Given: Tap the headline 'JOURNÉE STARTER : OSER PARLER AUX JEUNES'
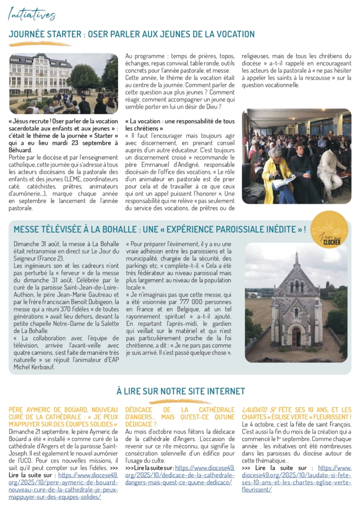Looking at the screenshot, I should click(132, 34).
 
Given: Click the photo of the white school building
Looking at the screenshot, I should click(64, 83).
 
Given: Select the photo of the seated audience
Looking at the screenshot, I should click(296, 156).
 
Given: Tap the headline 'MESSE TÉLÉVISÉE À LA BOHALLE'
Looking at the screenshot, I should click(159, 229).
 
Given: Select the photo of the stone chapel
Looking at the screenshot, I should click(296, 302).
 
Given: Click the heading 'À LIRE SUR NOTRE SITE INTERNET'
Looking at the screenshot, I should click(180, 391).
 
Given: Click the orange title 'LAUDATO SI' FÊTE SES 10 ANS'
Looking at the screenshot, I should click(296, 410).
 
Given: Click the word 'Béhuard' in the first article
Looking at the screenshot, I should click(20, 150).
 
